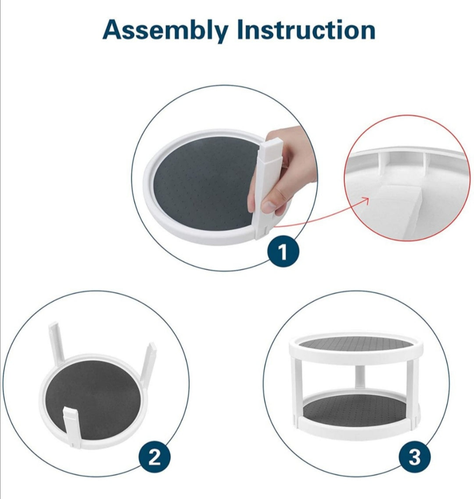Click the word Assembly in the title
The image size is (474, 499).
[165, 31]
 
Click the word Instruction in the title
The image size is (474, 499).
[306, 29]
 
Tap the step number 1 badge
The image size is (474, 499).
[283, 253]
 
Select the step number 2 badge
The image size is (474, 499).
[154, 458]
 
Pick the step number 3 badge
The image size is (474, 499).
[415, 457]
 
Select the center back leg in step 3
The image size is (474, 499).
[360, 377]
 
